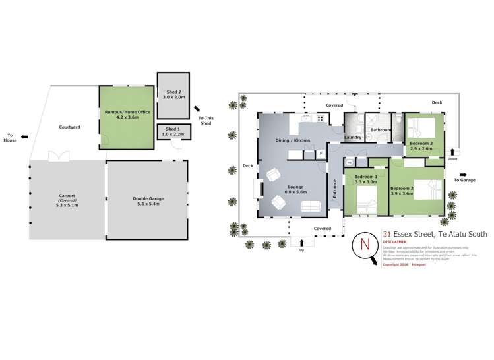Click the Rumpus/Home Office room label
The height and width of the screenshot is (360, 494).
pyautogui.click(x=127, y=112)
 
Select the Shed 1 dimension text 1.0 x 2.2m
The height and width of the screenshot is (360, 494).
pyautogui.click(x=172, y=134)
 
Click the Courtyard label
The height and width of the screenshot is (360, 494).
pyautogui.click(x=69, y=127)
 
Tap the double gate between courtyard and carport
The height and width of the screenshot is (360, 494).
pyautogui.click(x=59, y=156)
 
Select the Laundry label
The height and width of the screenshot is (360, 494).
pyautogui.click(x=353, y=137)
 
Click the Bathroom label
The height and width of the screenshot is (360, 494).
pyautogui.click(x=381, y=130)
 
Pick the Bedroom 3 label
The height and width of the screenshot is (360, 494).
pyautogui.click(x=421, y=143)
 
